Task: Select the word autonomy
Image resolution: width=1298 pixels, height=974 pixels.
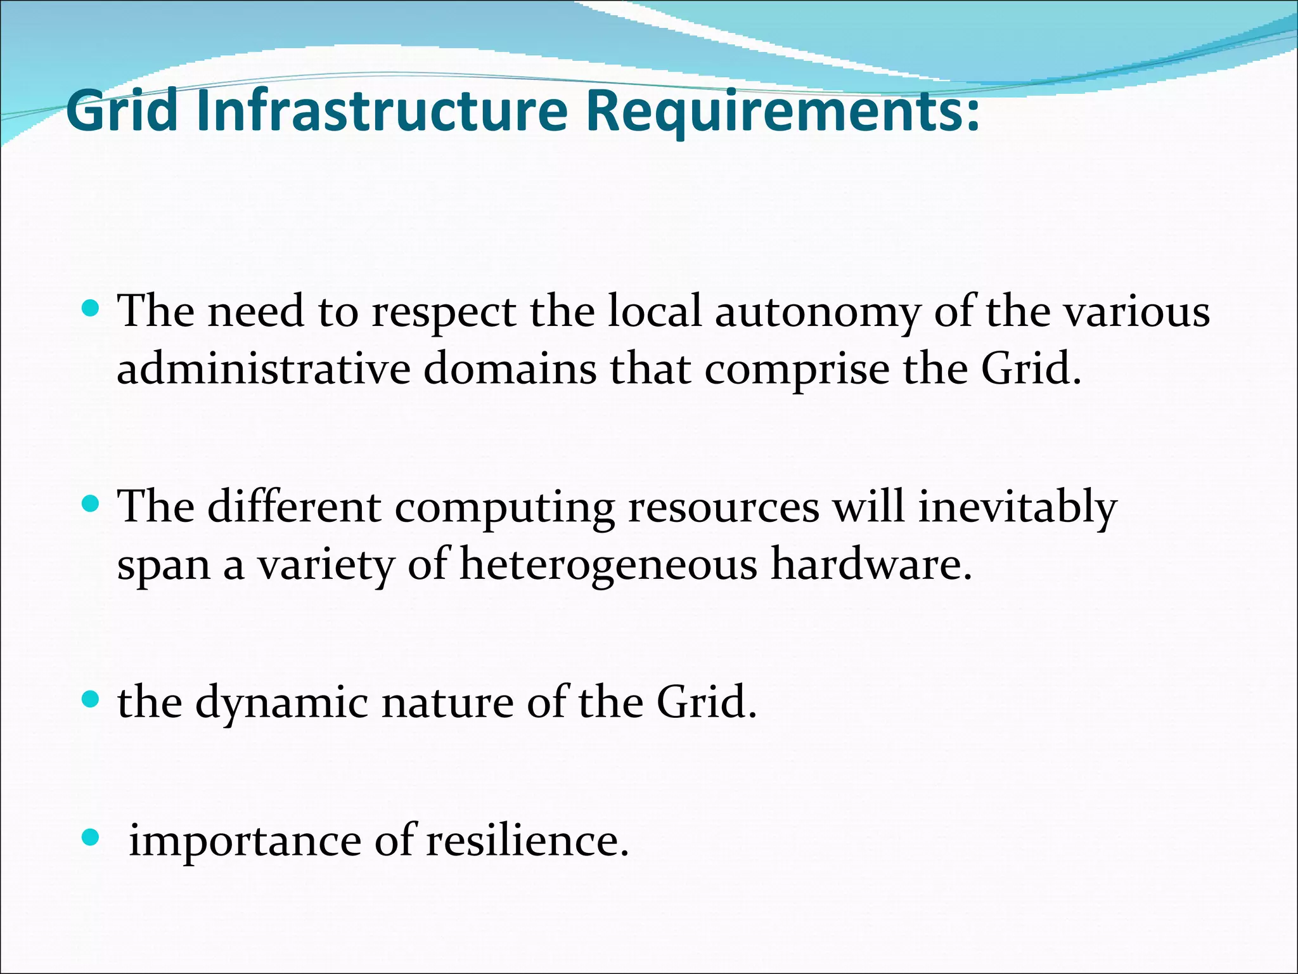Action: (818, 313)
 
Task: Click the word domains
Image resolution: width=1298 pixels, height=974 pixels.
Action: (510, 369)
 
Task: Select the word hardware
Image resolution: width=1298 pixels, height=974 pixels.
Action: (871, 564)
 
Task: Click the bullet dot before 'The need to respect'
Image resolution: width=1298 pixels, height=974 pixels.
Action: (91, 309)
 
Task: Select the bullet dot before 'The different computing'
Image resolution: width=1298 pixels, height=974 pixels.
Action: (91, 505)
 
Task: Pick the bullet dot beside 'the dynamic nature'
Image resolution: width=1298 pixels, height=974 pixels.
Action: (91, 700)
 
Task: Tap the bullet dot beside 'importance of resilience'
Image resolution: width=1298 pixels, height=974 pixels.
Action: (91, 838)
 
